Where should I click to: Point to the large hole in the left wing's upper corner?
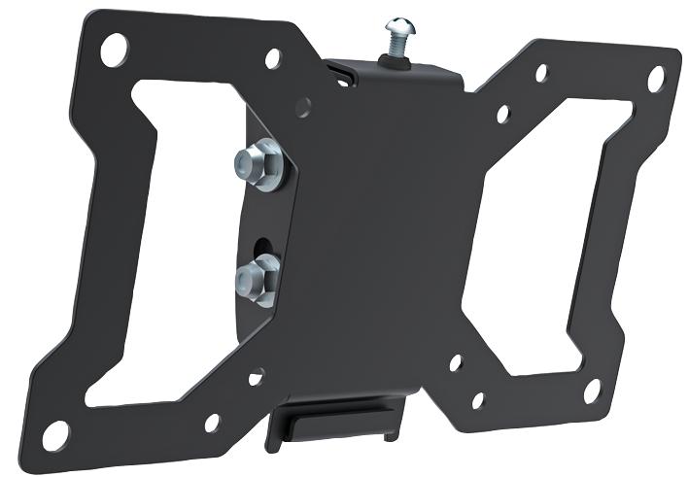click(x=115, y=44)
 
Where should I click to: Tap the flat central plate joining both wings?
click(x=389, y=223)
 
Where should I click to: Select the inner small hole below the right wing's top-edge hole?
click(x=502, y=114)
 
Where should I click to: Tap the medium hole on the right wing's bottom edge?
click(x=477, y=399)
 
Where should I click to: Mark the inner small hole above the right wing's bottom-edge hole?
click(x=455, y=365)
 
